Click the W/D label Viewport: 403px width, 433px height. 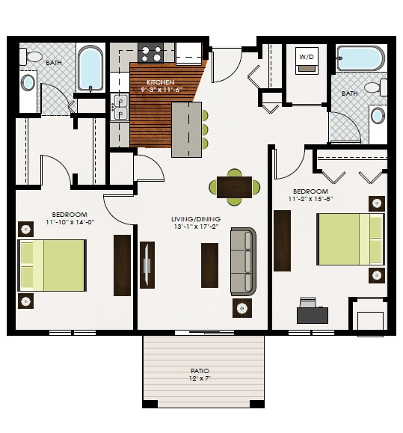[307, 57]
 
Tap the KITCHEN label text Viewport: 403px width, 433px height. [161, 82]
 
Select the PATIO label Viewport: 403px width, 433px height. [200, 371]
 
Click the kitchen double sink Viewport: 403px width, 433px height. [120, 107]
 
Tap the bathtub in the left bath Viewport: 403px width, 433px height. [91, 67]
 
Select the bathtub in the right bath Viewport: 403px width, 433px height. [360, 58]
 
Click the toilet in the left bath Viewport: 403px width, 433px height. [33, 56]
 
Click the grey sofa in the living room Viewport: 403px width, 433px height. [243, 261]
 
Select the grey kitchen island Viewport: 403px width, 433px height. [186, 129]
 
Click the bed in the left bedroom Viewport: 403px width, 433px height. [52, 265]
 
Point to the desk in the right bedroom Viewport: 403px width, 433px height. [312, 314]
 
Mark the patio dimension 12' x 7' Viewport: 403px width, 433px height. [200, 379]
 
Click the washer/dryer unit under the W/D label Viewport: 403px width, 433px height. [307, 68]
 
